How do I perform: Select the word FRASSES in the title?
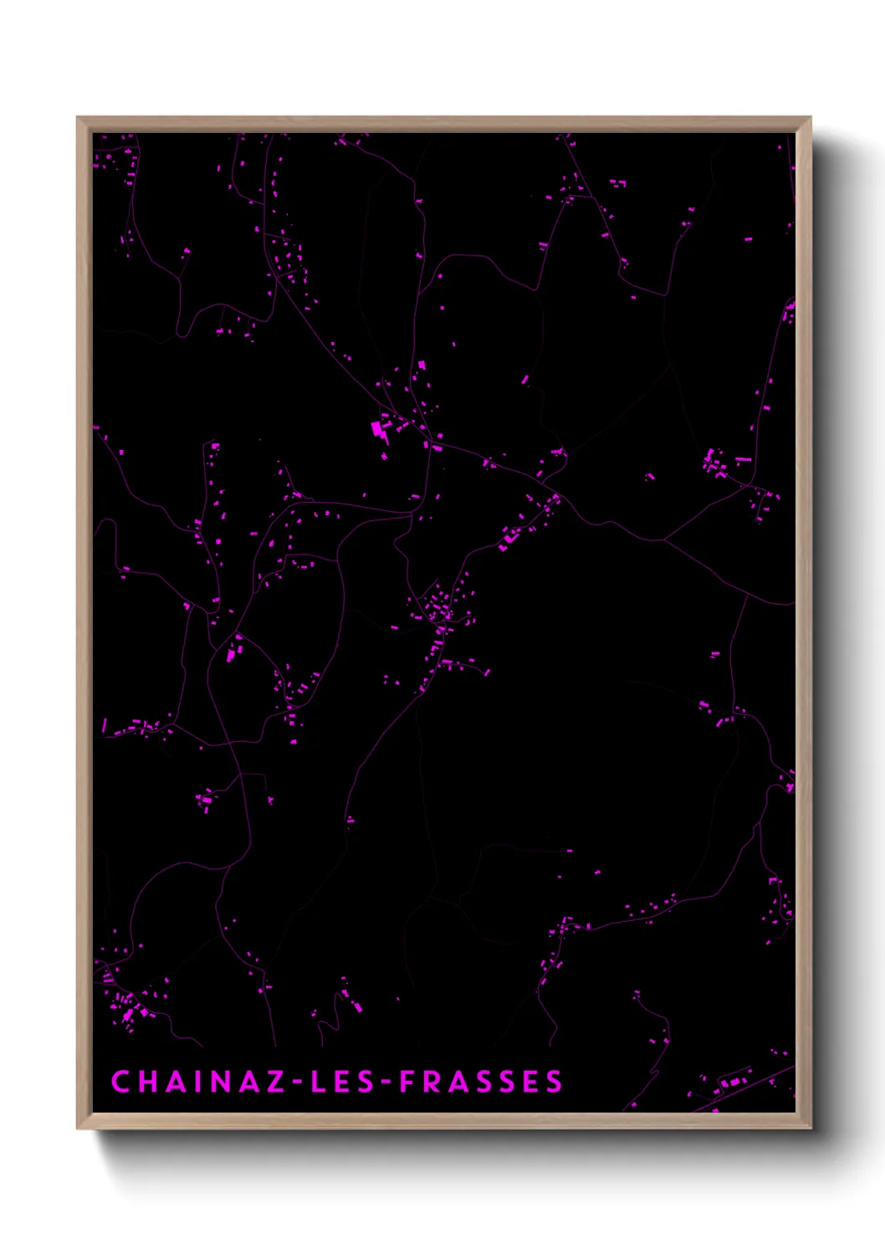click(x=481, y=1081)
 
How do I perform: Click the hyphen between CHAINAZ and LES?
click(x=297, y=1082)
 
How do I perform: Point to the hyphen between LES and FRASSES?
click(x=385, y=1082)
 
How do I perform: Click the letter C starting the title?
click(x=120, y=1081)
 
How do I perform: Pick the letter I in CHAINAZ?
click(x=195, y=1081)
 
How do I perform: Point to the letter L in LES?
click(x=319, y=1081)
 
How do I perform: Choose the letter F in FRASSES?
click(x=407, y=1081)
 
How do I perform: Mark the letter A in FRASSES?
click(x=456, y=1081)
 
